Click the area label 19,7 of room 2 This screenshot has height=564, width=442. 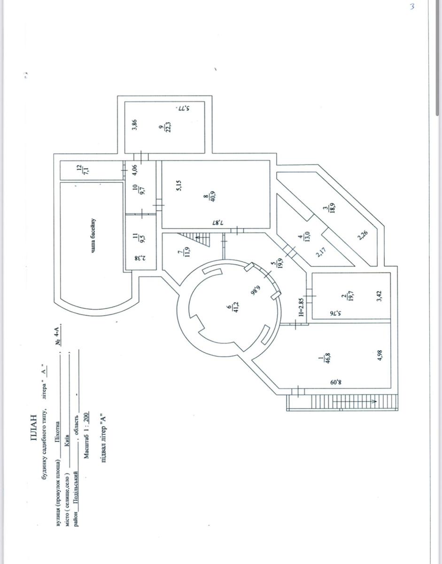(x=349, y=298)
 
